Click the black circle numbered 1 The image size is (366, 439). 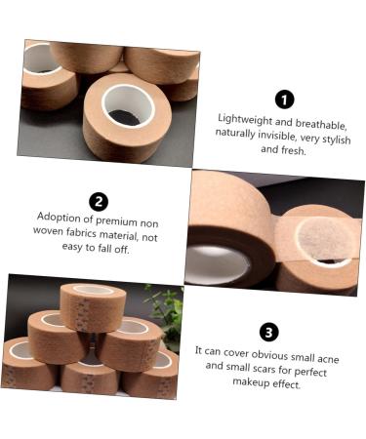pos(284,100)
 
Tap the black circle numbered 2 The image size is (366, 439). pos(99,202)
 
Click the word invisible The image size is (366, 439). pos(288,135)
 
